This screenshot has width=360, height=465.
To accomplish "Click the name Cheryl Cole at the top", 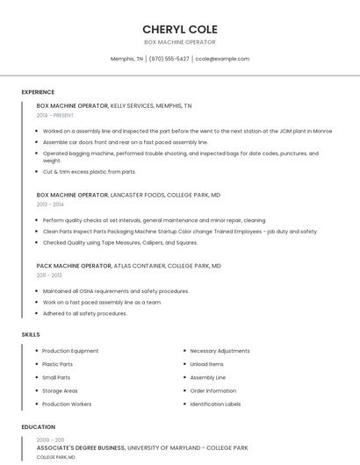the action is (x=180, y=29).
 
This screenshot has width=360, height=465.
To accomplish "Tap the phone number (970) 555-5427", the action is (x=169, y=59).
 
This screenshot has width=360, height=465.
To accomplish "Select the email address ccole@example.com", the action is (x=222, y=59).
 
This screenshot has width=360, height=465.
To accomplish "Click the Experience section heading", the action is (x=38, y=92).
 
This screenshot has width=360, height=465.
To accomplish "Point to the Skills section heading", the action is (x=31, y=334).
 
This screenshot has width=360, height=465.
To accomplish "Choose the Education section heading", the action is (x=39, y=427).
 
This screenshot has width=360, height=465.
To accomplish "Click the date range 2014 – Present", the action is (x=55, y=115).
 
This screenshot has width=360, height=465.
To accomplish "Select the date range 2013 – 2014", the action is (x=50, y=204).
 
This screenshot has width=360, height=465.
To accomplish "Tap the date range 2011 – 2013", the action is (x=49, y=275).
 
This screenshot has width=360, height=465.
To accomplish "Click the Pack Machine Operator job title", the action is (x=74, y=265).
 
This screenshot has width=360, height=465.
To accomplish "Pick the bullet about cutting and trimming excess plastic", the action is (x=90, y=172).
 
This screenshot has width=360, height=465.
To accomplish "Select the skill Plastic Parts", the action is (x=58, y=364).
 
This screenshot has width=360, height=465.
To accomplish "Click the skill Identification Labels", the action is (x=215, y=404).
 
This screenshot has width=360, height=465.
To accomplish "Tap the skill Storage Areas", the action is (x=60, y=390).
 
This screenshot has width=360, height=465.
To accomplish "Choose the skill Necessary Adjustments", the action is (x=220, y=351).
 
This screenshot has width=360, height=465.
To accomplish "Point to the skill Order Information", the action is (x=212, y=390).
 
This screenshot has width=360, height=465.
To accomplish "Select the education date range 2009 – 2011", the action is (x=50, y=440).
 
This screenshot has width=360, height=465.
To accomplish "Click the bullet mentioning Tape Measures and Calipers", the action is (x=119, y=242).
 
